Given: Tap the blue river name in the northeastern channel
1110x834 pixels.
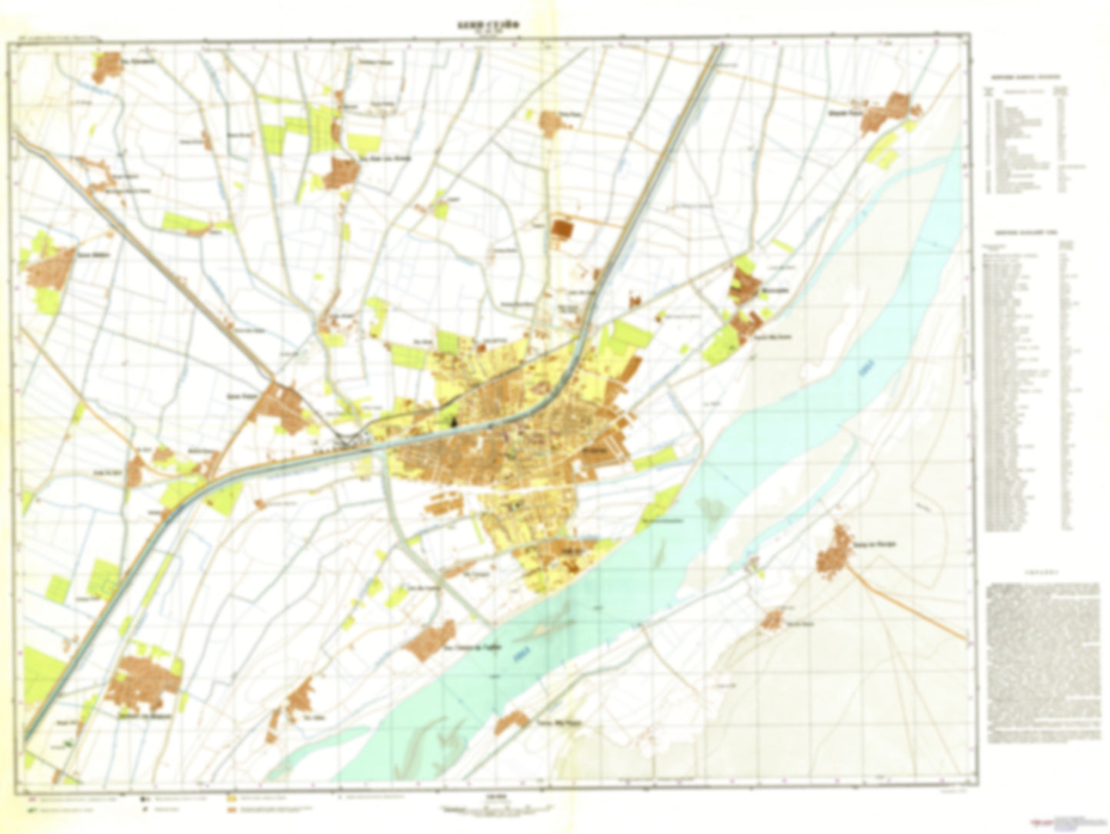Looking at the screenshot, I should click(867, 372).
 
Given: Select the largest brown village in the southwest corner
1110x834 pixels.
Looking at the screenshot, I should click(144, 681).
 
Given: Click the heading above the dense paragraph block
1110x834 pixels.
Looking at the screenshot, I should click(1043, 572).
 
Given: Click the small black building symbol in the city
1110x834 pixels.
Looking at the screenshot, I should click(452, 419).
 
